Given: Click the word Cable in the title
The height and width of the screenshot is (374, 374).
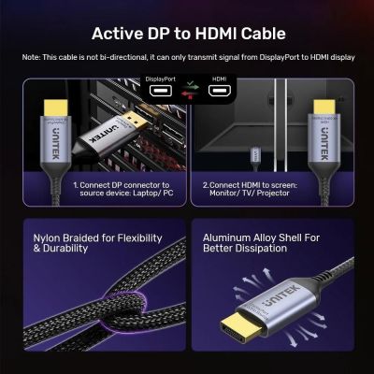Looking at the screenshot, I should [256, 35].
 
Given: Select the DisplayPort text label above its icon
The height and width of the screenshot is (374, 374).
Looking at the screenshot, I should [164, 79].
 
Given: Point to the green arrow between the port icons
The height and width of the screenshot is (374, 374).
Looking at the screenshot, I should [193, 87].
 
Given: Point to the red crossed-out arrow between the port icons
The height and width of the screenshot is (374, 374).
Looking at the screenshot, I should [193, 95].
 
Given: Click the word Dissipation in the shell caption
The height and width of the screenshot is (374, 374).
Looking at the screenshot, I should [258, 250].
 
